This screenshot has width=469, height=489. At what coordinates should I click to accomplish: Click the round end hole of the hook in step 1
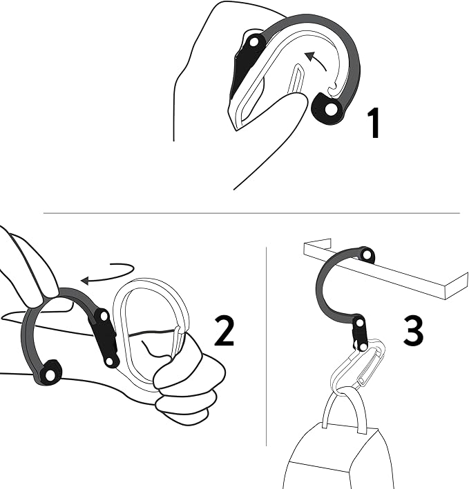pos(331,109)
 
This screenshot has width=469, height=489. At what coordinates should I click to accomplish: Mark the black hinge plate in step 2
pos(106,338)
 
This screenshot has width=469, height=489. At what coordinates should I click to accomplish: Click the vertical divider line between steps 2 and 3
pos(266,345)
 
